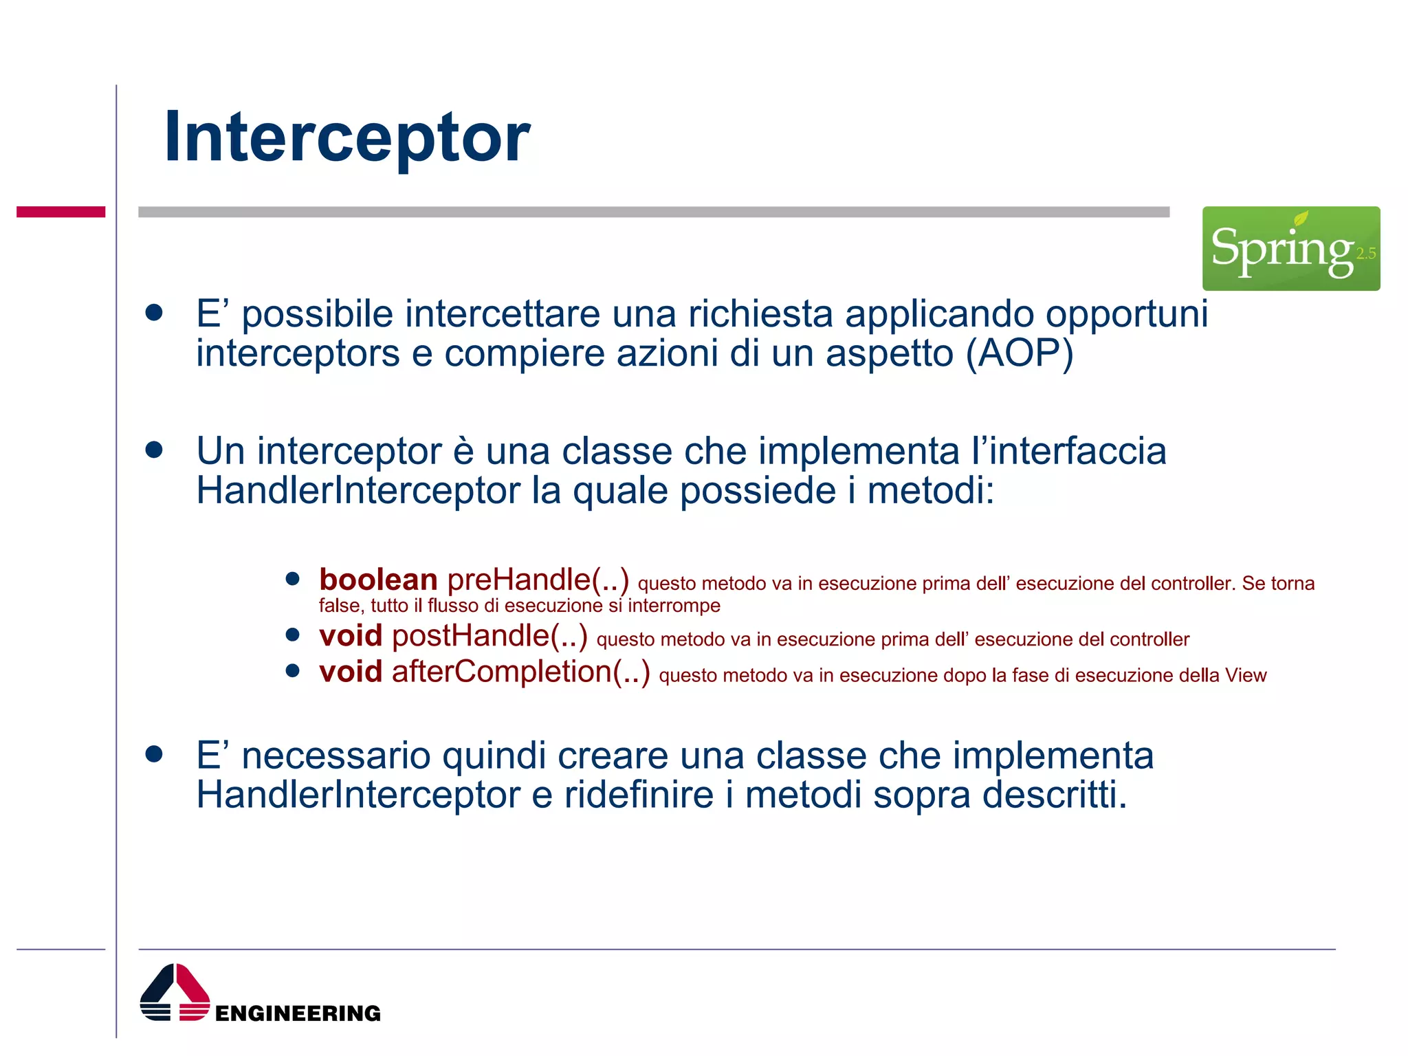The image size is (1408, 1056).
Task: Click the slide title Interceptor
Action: click(x=346, y=137)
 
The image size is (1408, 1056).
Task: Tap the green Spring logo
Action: click(x=1290, y=248)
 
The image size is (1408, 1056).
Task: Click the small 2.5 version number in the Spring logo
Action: click(x=1365, y=254)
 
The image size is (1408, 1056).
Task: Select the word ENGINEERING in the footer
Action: click(x=298, y=1013)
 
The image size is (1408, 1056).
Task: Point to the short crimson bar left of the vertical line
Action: click(x=60, y=212)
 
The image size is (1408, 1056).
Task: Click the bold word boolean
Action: click(x=378, y=580)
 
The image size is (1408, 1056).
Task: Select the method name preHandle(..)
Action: click(x=538, y=580)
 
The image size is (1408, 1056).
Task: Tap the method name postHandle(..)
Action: click(x=489, y=635)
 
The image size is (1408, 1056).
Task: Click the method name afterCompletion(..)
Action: click(x=520, y=672)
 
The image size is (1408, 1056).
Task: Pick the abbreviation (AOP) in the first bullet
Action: click(x=1019, y=353)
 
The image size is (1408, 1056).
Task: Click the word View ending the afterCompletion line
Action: click(x=1245, y=675)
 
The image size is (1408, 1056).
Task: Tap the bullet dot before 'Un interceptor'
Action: click(x=154, y=450)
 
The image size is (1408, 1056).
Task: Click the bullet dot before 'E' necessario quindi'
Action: click(x=154, y=754)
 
